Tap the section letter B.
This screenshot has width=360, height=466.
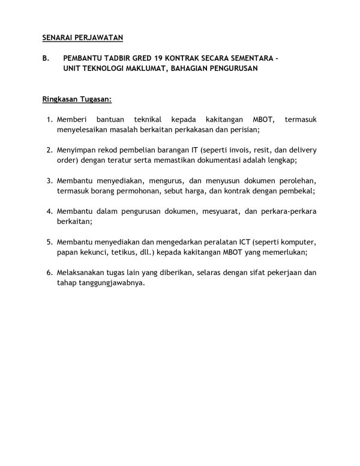tap(46, 59)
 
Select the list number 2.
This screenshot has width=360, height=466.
tap(49, 150)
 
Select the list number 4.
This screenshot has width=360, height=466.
tap(49, 212)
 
